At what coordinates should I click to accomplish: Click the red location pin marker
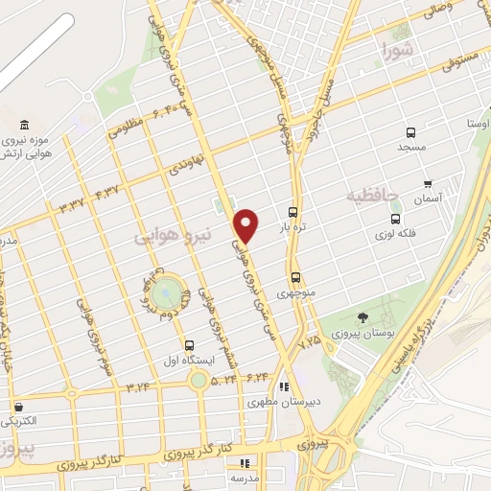click(x=246, y=225)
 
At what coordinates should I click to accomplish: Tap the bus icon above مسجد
click(x=411, y=133)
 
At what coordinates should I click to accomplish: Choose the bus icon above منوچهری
click(x=295, y=275)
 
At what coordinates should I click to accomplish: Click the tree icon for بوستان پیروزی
click(x=362, y=317)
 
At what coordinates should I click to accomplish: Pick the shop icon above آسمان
click(x=427, y=183)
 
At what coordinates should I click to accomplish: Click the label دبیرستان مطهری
click(x=274, y=402)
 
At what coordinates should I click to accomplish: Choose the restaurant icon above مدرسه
click(x=244, y=462)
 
